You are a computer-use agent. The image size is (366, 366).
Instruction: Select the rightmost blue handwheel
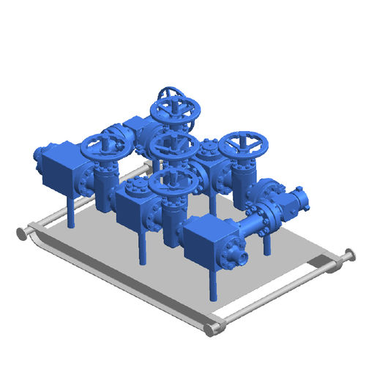coord(244,146)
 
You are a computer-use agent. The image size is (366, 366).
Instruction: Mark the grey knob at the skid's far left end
coord(21,234)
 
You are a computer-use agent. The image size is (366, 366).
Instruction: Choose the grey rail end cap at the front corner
coord(212,329)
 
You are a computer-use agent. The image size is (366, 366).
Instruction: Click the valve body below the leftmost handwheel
coord(105,179)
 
